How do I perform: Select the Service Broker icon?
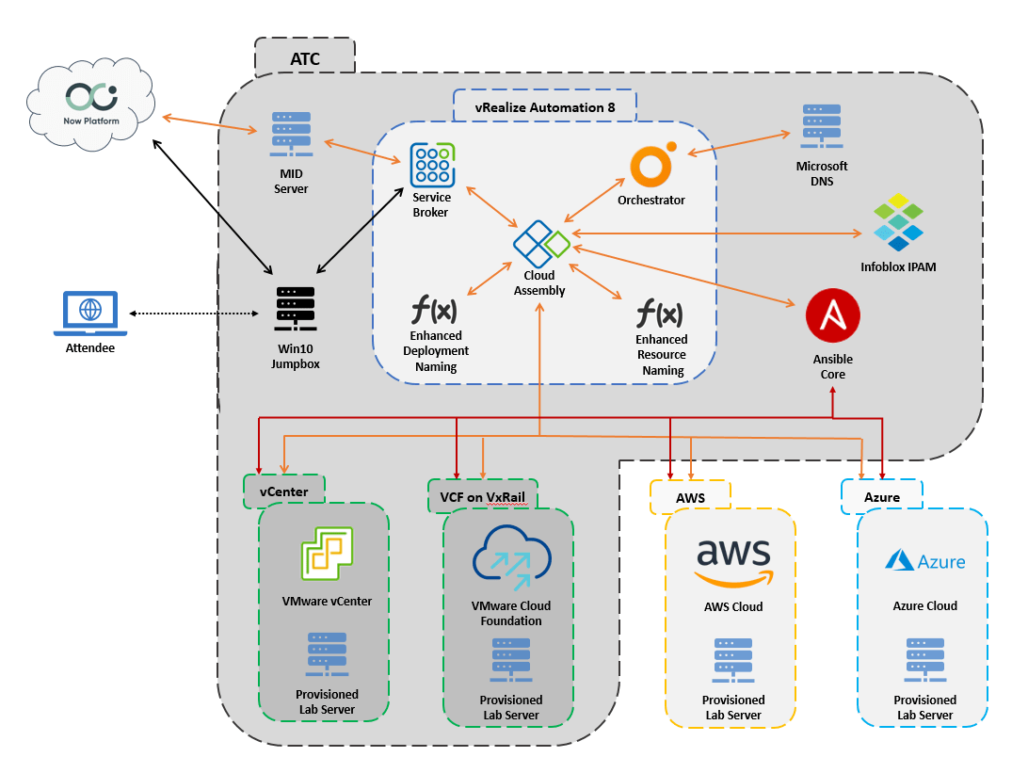(432, 165)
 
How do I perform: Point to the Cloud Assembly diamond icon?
(540, 244)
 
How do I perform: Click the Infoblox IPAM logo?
(898, 223)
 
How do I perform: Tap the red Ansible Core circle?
(832, 317)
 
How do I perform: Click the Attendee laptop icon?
(90, 313)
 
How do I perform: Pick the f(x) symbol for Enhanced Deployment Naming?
(434, 309)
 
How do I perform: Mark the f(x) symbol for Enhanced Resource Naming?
(660, 313)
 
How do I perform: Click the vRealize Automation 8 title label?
(545, 106)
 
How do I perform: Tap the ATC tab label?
(304, 58)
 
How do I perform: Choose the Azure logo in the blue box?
(924, 560)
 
